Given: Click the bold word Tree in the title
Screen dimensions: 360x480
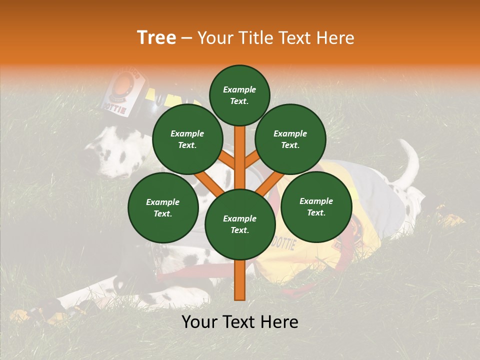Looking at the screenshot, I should point(156,38).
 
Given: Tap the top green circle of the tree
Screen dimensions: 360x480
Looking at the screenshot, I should point(239,95).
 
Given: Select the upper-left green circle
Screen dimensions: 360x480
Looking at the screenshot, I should point(187,139).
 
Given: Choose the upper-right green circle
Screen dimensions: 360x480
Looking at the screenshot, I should point(290,139).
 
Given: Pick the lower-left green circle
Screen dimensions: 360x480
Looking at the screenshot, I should point(163,208).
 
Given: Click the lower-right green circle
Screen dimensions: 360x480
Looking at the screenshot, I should point(316,207).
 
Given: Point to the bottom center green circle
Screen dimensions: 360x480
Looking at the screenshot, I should point(240,224).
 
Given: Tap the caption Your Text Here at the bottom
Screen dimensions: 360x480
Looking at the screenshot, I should point(240,322).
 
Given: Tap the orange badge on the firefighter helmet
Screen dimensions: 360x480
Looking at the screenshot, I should point(125,82).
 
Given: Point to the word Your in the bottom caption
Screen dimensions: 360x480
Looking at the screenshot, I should point(198,322).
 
